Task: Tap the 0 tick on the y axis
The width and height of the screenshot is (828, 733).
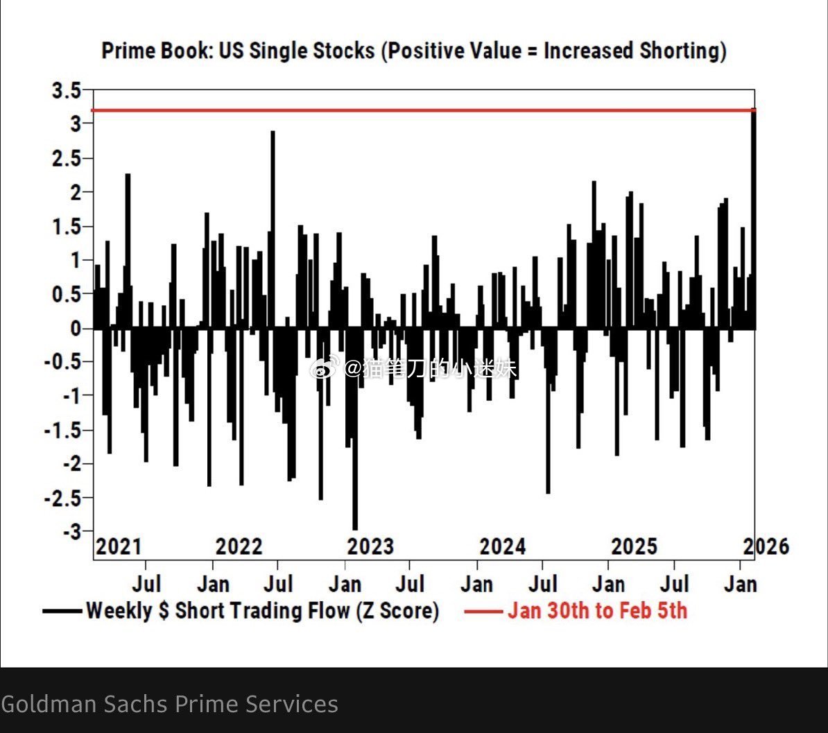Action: point(77,329)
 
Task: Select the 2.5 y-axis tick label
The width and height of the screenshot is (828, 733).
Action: point(68,158)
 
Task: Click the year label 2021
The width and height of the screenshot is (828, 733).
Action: point(119,546)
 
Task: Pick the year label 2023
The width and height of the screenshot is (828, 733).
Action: point(370,546)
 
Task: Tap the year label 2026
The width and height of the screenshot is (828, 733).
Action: point(766,546)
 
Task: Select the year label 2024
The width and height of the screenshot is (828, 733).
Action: point(502,546)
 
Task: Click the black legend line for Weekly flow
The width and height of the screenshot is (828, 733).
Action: point(62,611)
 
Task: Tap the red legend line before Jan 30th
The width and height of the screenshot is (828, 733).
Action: point(483,611)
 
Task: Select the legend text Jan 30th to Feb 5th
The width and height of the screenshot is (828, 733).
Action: point(597,611)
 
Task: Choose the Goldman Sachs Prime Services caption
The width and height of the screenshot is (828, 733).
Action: point(170,704)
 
